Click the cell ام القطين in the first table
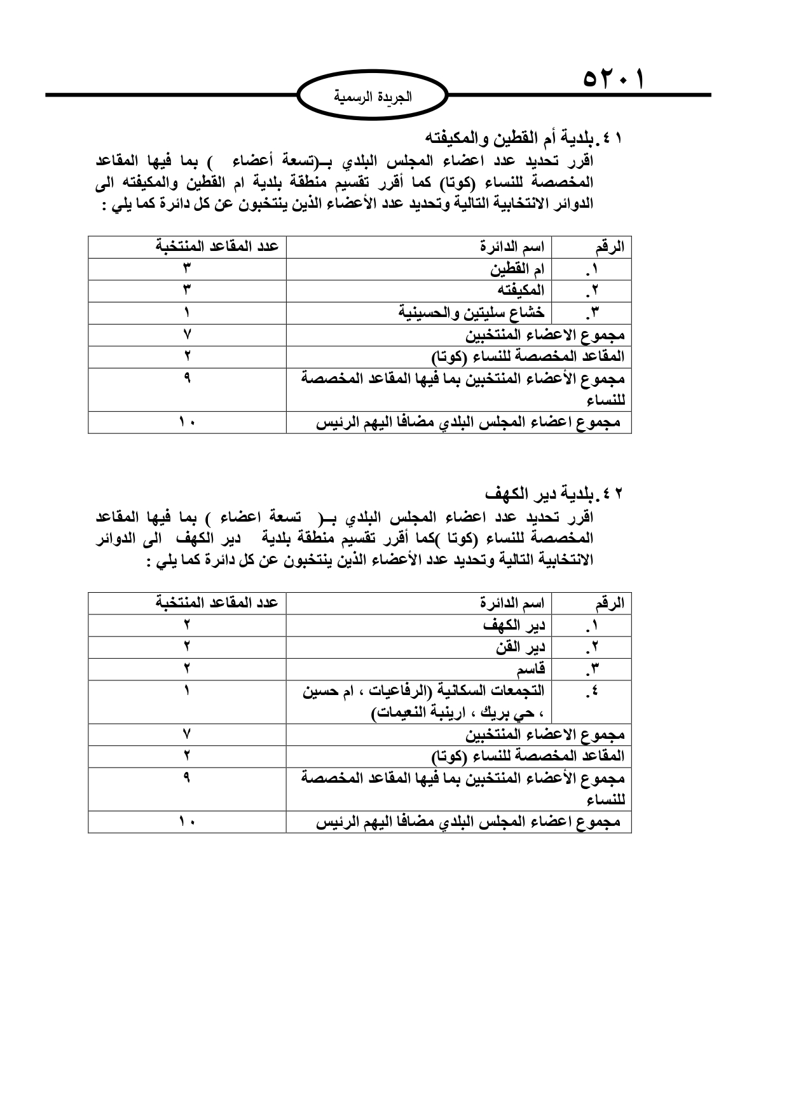pyautogui.click(x=517, y=269)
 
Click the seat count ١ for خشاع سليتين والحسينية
pyautogui.click(x=188, y=313)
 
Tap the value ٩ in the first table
pyautogui.click(x=188, y=378)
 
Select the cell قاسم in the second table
pyautogui.click(x=531, y=668)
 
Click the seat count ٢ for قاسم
pyautogui.click(x=188, y=668)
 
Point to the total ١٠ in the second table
pyautogui.click(x=188, y=822)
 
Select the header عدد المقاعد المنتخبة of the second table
pyautogui.click(x=217, y=602)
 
